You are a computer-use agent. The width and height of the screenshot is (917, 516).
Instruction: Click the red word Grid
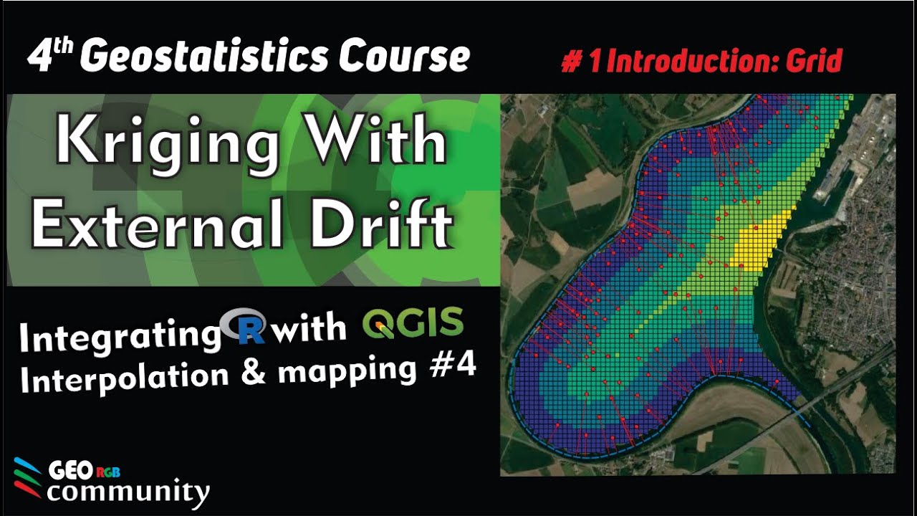(x=813, y=62)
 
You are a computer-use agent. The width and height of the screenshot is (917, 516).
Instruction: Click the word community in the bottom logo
(x=129, y=492)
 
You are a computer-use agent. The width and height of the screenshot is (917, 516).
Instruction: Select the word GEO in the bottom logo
(x=68, y=472)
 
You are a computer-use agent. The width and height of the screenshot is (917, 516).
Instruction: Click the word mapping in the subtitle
(x=355, y=371)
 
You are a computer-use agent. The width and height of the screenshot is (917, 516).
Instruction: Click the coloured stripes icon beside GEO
(x=27, y=477)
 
